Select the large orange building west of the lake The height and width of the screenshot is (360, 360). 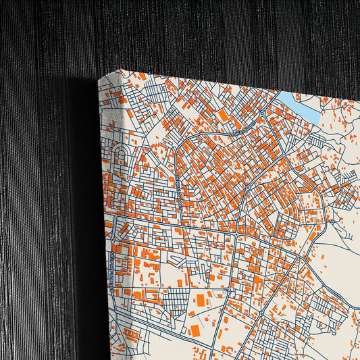point(224,115)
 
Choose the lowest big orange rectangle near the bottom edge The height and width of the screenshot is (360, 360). point(195,330)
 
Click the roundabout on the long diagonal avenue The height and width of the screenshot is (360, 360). point(248,185)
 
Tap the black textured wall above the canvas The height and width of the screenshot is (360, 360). point(203,34)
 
